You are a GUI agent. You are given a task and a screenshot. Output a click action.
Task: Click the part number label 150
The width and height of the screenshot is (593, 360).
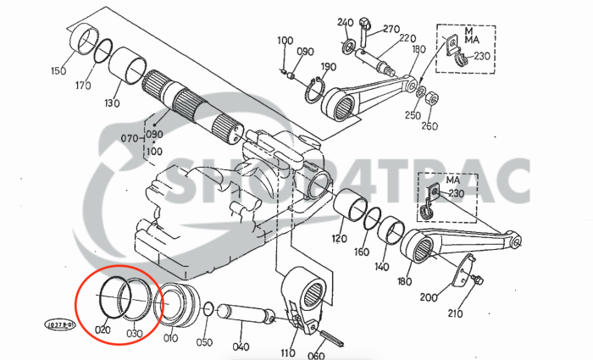[58, 69]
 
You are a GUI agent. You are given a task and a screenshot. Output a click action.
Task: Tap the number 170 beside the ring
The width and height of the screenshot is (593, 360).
[83, 85]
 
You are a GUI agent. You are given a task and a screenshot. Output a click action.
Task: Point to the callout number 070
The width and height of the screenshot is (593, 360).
[129, 136]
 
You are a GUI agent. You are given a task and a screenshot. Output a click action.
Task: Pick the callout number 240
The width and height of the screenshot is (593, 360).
[344, 21]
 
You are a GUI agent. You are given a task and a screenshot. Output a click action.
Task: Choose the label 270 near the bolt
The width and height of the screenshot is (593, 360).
[391, 29]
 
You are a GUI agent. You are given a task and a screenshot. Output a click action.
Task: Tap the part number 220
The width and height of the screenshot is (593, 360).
[407, 39]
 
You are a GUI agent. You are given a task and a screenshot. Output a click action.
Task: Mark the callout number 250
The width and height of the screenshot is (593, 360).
[412, 115]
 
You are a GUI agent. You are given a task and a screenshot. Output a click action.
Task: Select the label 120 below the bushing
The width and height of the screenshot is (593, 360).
[339, 239]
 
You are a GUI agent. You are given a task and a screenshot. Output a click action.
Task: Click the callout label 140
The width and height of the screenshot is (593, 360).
[382, 266]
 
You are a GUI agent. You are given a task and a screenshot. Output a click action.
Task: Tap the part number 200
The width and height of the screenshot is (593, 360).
[429, 297]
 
